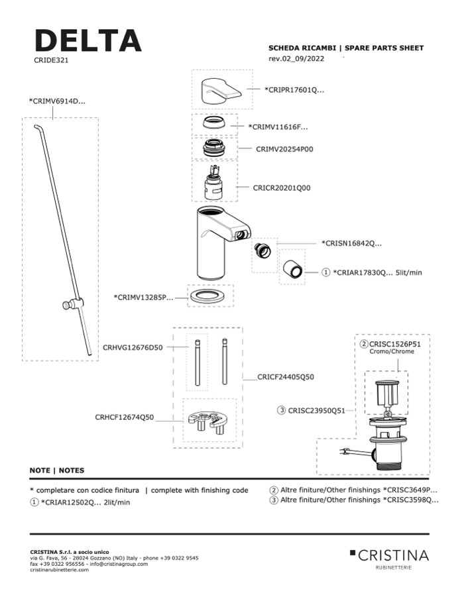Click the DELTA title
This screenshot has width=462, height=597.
click(x=87, y=40)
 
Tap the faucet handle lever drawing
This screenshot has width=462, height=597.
click(x=216, y=89)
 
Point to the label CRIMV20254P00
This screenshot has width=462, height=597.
click(x=284, y=150)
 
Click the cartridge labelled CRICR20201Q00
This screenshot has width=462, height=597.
click(x=213, y=183)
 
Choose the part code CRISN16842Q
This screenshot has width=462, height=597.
click(x=351, y=244)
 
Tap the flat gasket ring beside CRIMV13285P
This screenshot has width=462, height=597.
click(x=211, y=296)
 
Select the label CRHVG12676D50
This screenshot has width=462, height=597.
click(x=133, y=347)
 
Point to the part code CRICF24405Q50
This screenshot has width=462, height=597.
click(x=286, y=377)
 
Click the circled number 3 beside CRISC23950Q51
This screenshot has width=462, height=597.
click(x=282, y=411)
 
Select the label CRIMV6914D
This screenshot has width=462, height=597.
click(x=57, y=101)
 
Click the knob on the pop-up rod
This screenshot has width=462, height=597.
click(x=68, y=305)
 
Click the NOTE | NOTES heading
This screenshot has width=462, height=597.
click(x=57, y=470)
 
